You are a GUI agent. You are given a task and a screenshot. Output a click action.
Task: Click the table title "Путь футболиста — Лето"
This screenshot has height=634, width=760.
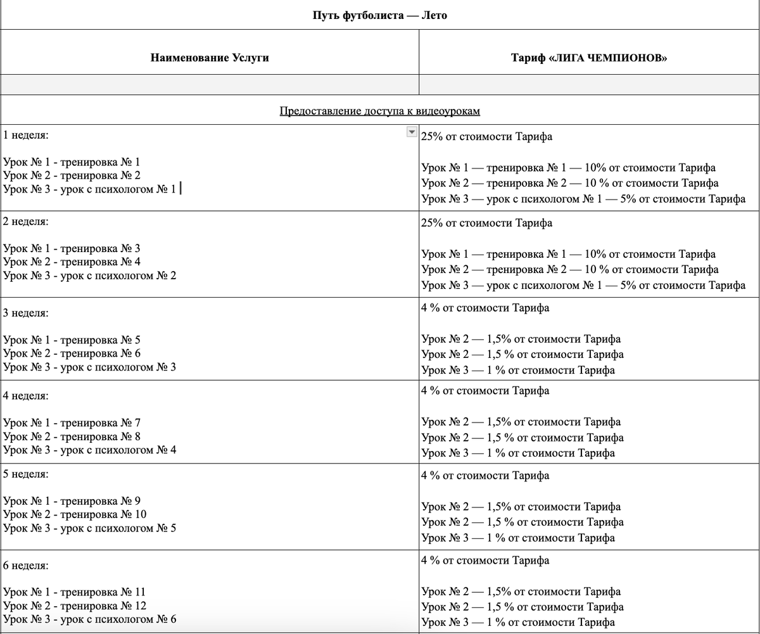click(379, 15)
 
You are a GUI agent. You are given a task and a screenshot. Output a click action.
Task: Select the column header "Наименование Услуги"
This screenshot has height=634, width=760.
click(210, 58)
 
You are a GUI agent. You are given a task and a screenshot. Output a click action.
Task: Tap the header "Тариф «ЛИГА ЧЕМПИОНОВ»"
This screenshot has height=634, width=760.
click(589, 58)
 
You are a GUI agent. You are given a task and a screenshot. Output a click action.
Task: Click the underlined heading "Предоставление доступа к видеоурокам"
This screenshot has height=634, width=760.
click(379, 111)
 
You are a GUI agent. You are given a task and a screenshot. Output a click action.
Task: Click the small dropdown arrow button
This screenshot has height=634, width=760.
click(412, 132)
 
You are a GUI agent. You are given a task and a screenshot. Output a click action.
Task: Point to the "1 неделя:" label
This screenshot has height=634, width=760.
click(26, 136)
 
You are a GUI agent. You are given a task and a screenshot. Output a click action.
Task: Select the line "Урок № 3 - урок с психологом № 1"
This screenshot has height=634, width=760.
click(89, 189)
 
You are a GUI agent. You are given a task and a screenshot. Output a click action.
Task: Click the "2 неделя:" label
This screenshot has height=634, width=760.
click(26, 222)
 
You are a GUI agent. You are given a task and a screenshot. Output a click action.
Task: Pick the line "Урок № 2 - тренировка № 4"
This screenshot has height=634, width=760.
click(72, 262)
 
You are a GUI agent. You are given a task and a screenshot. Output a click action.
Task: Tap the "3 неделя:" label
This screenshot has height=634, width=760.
click(26, 313)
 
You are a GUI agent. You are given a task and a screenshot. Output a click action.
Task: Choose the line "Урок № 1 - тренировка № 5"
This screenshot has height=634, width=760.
click(72, 340)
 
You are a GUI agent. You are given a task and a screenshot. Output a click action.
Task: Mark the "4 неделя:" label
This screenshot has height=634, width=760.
click(26, 396)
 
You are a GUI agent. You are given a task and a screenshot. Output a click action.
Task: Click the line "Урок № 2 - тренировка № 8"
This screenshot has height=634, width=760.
click(72, 436)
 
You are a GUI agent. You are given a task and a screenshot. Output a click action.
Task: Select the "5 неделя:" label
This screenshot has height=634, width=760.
click(26, 474)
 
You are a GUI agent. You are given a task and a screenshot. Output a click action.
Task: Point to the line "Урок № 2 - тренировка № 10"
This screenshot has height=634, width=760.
click(75, 514)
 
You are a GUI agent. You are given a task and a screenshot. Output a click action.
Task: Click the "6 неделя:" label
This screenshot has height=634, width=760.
click(26, 565)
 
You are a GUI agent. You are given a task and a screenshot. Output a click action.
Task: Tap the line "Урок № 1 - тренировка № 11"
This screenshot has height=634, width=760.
click(75, 592)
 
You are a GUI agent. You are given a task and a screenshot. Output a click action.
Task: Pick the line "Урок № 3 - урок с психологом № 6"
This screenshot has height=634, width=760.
click(89, 619)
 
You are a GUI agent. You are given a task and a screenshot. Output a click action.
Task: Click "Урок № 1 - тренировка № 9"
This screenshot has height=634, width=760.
click(72, 501)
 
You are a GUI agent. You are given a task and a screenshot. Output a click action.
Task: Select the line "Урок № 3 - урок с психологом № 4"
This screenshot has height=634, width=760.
click(89, 450)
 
